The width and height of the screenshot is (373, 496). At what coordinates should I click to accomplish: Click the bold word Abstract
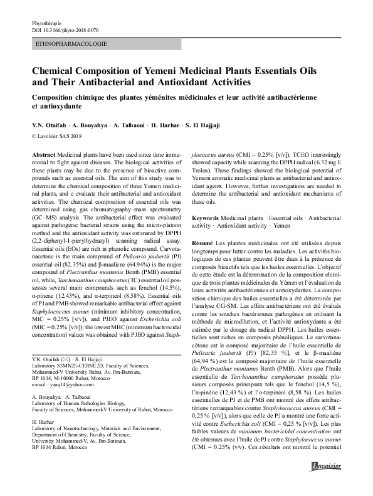click(x=43, y=154)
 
